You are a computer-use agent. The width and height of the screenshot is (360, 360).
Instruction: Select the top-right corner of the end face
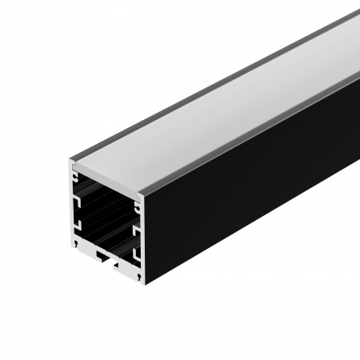(144, 191)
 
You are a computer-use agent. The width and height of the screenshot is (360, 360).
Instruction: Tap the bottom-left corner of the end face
(74, 240)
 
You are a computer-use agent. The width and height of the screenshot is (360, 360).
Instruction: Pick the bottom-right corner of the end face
(143, 282)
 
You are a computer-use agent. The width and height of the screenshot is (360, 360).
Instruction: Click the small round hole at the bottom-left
(78, 238)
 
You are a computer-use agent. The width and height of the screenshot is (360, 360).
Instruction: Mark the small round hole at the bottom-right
(138, 276)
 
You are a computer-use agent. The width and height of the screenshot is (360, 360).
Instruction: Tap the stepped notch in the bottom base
(106, 257)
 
